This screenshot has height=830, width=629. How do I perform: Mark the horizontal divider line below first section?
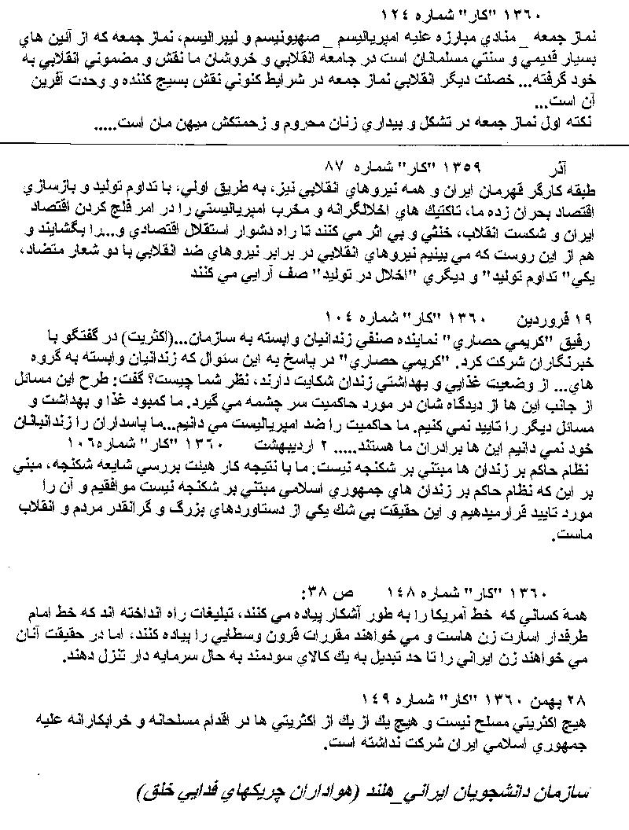click(314, 143)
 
